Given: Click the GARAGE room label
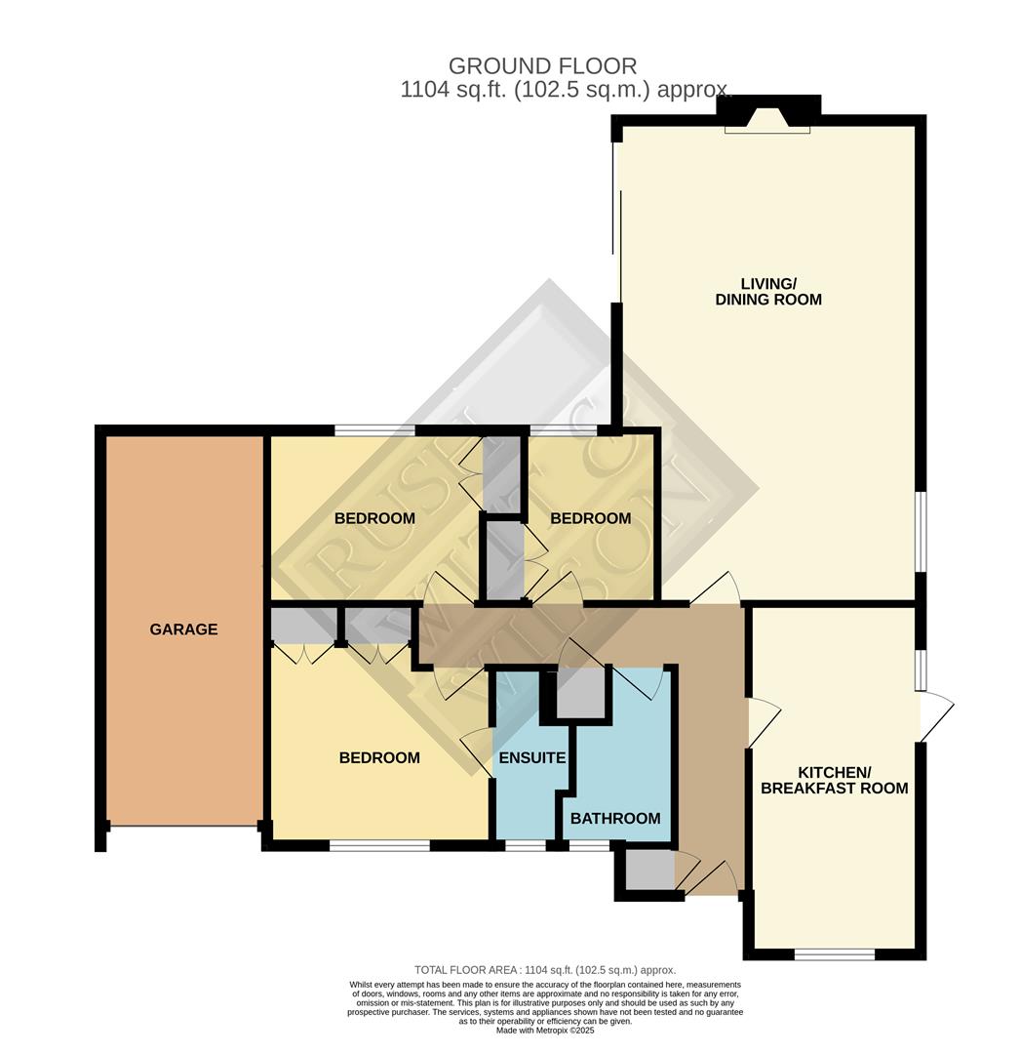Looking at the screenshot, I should [x=183, y=629].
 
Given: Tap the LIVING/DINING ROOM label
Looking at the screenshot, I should [x=768, y=291].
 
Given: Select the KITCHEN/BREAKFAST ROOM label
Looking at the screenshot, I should [x=834, y=779].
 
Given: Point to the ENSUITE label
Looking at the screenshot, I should [x=531, y=757].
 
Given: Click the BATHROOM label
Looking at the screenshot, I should [x=615, y=818].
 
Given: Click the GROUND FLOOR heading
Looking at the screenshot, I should [x=542, y=66].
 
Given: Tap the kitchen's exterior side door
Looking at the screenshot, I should [x=934, y=716].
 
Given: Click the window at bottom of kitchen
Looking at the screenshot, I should [x=834, y=953].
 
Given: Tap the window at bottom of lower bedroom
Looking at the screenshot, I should [x=379, y=845].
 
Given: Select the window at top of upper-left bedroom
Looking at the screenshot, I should [x=373, y=430].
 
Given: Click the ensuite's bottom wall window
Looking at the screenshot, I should [x=525, y=845].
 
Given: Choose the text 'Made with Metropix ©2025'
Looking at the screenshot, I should [x=545, y=1031].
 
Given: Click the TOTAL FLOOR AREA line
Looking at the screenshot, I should [x=545, y=969].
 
